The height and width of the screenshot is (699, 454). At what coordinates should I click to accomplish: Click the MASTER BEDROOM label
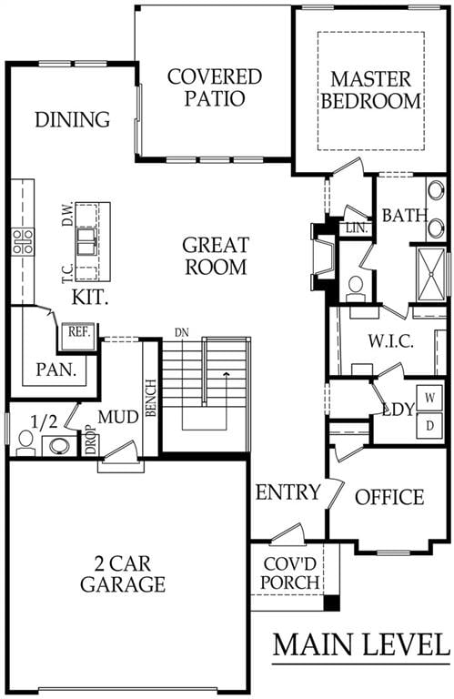(370, 90)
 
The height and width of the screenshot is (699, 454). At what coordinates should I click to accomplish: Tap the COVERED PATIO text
(215, 87)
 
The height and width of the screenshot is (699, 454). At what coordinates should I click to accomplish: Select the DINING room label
(72, 119)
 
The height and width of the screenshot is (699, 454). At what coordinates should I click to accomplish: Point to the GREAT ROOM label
(216, 256)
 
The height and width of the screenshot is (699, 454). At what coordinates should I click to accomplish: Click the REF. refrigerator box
(79, 333)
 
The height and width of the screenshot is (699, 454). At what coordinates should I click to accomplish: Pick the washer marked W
(429, 398)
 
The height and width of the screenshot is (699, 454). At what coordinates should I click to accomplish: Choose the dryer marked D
(429, 425)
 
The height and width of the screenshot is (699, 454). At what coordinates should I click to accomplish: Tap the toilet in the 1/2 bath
(25, 442)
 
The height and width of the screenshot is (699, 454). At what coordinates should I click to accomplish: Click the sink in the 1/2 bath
(59, 446)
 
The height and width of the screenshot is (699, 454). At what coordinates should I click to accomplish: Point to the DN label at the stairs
(181, 332)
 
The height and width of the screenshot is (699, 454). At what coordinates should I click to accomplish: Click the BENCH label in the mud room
(151, 398)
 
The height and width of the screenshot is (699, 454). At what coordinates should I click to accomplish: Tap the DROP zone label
(91, 441)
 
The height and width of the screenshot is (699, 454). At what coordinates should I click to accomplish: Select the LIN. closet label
(357, 228)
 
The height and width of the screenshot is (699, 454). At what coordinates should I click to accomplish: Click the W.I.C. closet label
(390, 342)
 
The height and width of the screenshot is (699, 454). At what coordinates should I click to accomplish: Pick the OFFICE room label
(389, 497)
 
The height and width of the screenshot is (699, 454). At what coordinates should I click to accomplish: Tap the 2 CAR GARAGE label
(123, 574)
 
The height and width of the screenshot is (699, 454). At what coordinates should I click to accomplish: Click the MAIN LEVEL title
(361, 644)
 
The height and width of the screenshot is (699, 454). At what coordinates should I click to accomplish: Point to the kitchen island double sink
(86, 241)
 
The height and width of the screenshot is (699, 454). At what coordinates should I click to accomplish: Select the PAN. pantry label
(56, 370)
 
